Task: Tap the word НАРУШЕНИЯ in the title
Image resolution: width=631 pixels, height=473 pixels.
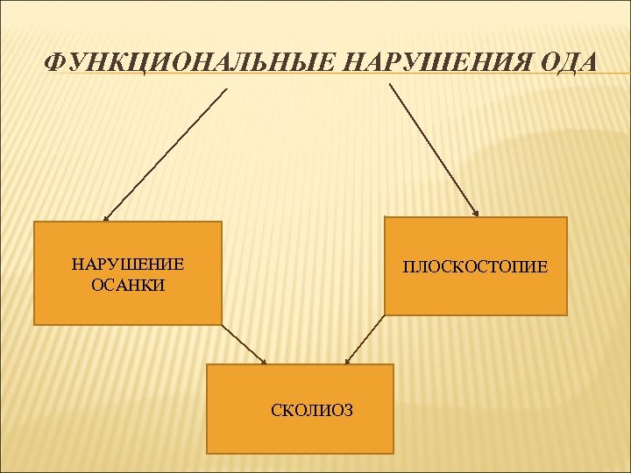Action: click(x=433, y=63)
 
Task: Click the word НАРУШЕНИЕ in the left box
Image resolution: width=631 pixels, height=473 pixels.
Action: click(x=127, y=265)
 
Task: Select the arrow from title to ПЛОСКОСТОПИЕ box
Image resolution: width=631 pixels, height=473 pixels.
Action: click(x=433, y=149)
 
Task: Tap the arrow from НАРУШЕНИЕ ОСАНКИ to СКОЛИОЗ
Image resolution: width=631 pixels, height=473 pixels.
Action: click(x=244, y=344)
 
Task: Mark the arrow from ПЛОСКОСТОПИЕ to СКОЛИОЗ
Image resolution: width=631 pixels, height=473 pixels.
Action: click(x=365, y=339)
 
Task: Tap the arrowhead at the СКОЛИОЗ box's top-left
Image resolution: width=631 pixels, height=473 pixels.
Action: click(x=262, y=360)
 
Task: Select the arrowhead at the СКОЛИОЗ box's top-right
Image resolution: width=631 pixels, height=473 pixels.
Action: click(x=348, y=359)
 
